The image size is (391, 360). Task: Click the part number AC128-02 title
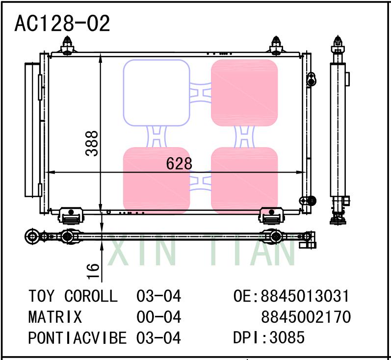pyautogui.click(x=62, y=23)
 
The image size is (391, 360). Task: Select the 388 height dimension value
pyautogui.click(x=92, y=143)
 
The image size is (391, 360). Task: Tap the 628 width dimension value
pyautogui.click(x=179, y=164)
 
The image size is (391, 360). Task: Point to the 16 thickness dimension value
pyautogui.click(x=93, y=271)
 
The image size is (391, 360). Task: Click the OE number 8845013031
pyautogui.click(x=291, y=296)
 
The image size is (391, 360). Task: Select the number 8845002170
pyautogui.click(x=306, y=317)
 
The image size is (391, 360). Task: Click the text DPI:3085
pyautogui.click(x=268, y=337)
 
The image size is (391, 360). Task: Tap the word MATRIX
pyautogui.click(x=55, y=317)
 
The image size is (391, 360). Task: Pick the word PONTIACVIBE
pyautogui.click(x=78, y=338)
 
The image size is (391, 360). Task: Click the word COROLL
pyautogui.click(x=91, y=296)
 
